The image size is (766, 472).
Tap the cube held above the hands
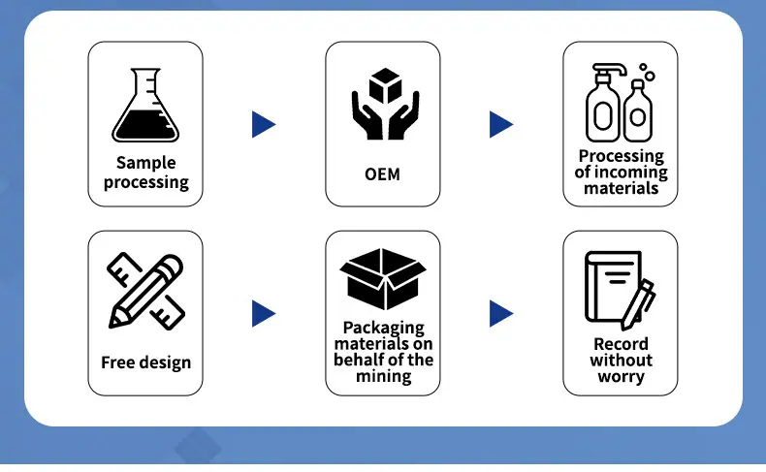tap(386, 85)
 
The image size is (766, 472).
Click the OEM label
tap(382, 174)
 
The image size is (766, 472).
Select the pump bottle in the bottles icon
tap(604, 104)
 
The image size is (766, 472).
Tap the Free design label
tap(145, 362)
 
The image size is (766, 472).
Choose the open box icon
tap(383, 279)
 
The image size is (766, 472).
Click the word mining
tap(384, 376)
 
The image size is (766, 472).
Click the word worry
tap(621, 377)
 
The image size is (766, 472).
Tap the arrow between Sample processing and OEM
tap(264, 124)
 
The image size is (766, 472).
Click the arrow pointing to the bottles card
tap(501, 124)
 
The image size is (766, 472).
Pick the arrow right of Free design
tap(264, 313)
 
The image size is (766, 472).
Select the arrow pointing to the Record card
tap(501, 313)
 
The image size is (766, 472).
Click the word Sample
tap(146, 163)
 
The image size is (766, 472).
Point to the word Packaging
tap(384, 328)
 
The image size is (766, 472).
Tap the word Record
tap(621, 344)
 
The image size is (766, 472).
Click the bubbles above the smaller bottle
tap(647, 73)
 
